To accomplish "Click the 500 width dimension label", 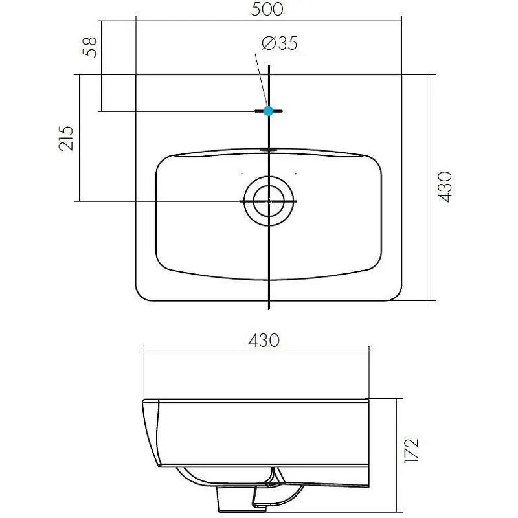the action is [267, 9].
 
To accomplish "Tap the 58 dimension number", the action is [90, 47].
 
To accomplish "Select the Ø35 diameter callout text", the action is [280, 43].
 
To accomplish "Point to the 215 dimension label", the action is [66, 139].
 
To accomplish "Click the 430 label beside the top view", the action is [445, 186].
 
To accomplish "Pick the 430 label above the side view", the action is [264, 341].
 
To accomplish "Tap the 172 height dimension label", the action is [412, 451].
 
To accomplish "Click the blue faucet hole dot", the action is [268, 111].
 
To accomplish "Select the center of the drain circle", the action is [269, 201].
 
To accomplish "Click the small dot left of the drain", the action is [242, 173].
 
